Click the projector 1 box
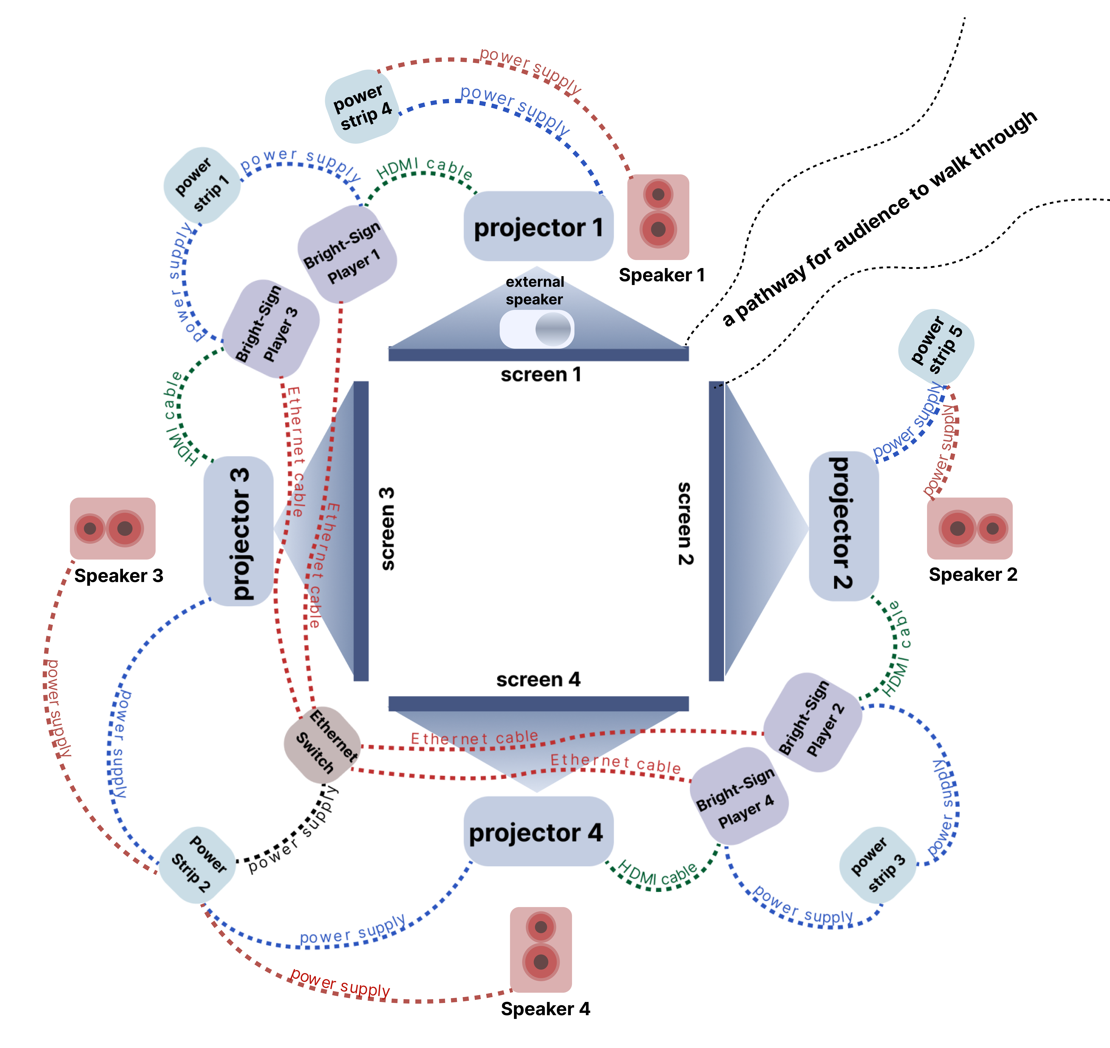[538, 226]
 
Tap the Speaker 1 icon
[658, 217]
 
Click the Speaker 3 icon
[112, 528]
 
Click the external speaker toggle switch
[537, 329]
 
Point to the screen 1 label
[540, 374]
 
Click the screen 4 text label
[538, 679]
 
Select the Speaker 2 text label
[972, 574]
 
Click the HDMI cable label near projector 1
[425, 168]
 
